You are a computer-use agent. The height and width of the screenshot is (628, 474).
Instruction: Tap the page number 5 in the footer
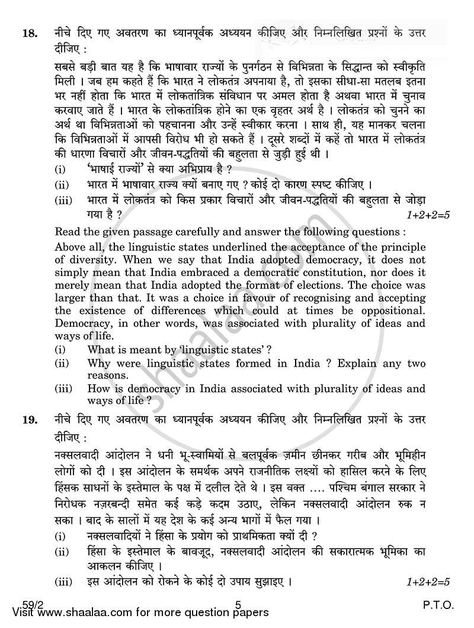click(x=237, y=611)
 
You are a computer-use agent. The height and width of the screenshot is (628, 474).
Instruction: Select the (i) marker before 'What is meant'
click(x=60, y=350)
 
